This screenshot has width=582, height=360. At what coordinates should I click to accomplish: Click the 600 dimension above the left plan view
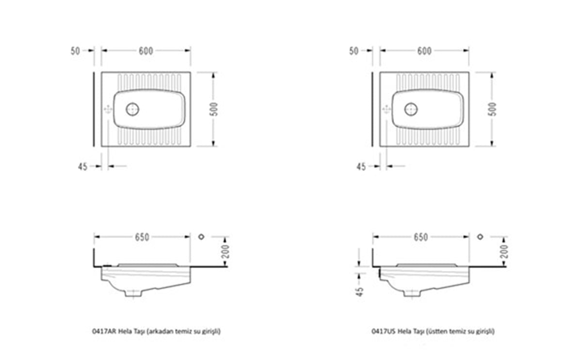tap(146, 51)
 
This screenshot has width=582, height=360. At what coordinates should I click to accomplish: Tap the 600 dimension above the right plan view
tap(424, 51)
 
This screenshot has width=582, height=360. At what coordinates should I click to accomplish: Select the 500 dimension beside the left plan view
tap(214, 109)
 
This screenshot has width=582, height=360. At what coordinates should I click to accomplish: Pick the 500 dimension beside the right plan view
tap(492, 109)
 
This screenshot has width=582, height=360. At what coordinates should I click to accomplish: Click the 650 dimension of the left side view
tap(142, 237)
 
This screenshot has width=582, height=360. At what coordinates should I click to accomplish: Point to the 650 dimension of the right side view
tap(420, 237)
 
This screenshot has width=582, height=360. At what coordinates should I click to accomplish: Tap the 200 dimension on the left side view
tap(226, 251)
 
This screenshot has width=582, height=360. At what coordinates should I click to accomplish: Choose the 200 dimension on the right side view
tap(504, 251)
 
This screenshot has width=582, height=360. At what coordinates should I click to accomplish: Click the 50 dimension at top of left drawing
tap(75, 51)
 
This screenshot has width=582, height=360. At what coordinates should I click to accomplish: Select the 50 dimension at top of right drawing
tap(354, 51)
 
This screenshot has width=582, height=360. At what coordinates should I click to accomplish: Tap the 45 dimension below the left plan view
tap(82, 166)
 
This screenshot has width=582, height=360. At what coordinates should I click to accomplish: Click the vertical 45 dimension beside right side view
tap(359, 292)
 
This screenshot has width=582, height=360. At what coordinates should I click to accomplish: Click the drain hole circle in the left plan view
tap(132, 109)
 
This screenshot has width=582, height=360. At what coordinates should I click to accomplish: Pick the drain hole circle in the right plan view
tap(411, 109)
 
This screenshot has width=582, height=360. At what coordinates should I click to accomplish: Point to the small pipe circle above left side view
tap(201, 237)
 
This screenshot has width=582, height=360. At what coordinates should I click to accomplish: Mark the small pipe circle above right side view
tap(480, 237)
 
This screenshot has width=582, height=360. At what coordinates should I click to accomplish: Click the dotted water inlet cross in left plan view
tap(108, 110)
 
